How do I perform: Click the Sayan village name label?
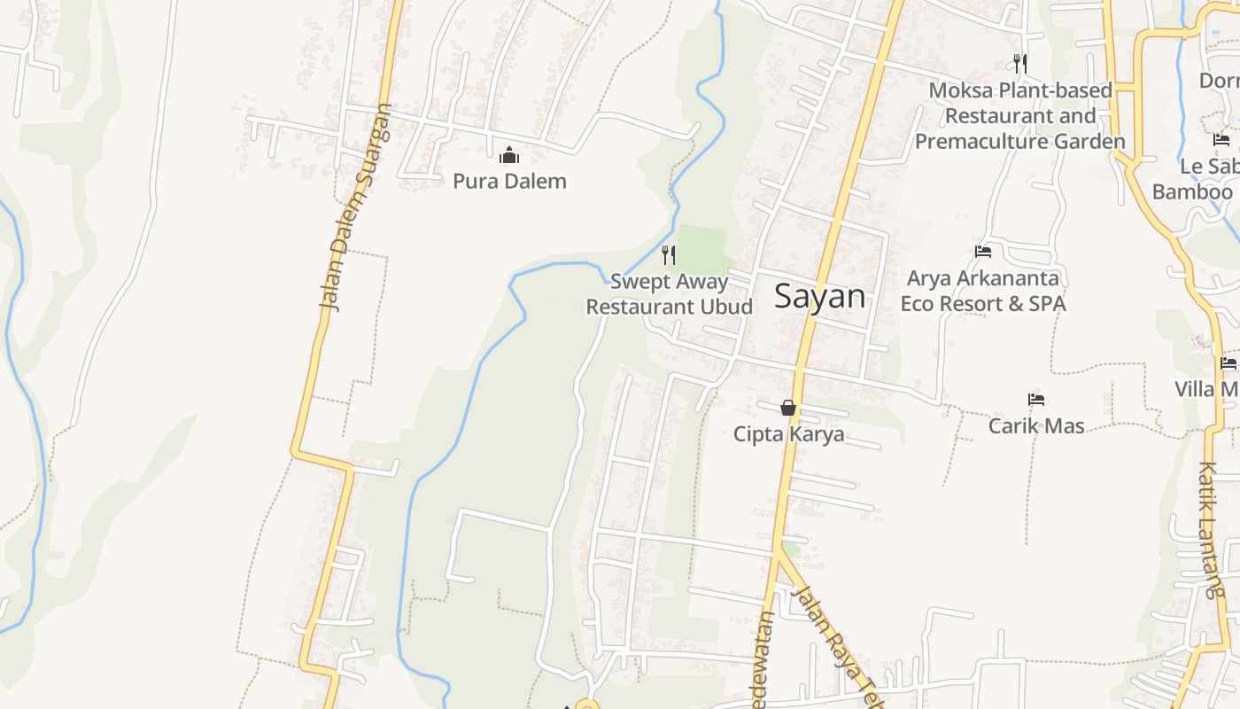pos(819,296)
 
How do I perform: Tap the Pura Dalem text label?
pos(509,182)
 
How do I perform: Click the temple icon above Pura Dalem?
pos(509,156)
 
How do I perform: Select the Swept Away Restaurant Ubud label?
pos(669,294)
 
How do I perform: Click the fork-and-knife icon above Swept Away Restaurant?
pos(669,255)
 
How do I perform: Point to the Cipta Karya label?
pos(788,434)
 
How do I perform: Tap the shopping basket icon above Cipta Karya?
pos(788,408)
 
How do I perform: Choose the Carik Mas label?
pos(1036,426)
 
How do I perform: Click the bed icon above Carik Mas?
pos(1036,400)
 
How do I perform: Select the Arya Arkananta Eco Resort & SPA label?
pos(983,291)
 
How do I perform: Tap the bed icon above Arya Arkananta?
pos(983,252)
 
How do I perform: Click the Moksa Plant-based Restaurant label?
pos(1020,115)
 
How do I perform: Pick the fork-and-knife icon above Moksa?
pos(1020,63)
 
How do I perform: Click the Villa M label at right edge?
pos(1206,389)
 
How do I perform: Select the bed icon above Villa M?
pos(1228,362)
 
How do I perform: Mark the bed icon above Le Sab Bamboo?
pos(1221,140)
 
